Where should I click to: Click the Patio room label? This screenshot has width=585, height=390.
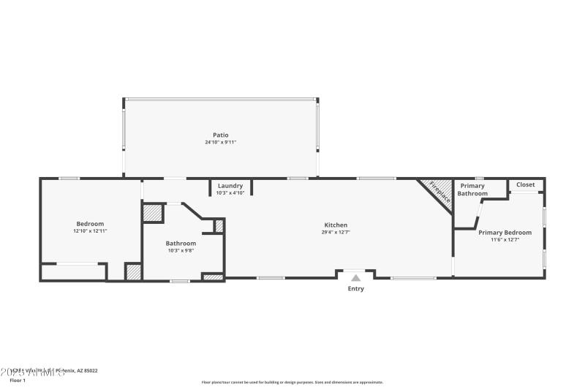[220, 135]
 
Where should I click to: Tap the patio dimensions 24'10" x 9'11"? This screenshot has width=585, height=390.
[220, 142]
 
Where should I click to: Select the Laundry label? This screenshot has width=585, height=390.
[230, 186]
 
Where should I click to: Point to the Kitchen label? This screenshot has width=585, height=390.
[336, 225]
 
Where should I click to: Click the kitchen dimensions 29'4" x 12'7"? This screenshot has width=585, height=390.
[336, 233]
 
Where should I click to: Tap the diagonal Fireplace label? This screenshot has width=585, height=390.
[439, 191]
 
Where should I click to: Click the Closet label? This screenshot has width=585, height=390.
[525, 184]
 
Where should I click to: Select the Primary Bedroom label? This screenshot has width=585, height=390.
[505, 232]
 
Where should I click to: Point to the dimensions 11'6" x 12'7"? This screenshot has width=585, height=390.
[505, 240]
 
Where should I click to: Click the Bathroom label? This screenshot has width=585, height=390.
[181, 243]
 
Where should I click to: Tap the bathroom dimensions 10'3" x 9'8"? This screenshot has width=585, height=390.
[181, 250]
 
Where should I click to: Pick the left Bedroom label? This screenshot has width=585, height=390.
[90, 223]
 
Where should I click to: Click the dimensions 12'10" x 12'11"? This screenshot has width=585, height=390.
[90, 231]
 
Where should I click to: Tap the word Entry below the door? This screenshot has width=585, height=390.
[355, 288]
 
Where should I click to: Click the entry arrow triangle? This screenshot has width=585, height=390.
[355, 277]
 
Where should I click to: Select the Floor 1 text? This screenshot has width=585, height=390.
[17, 380]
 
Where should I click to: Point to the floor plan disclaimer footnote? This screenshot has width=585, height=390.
[292, 382]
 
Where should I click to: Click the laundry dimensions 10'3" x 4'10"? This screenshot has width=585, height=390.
[230, 193]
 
